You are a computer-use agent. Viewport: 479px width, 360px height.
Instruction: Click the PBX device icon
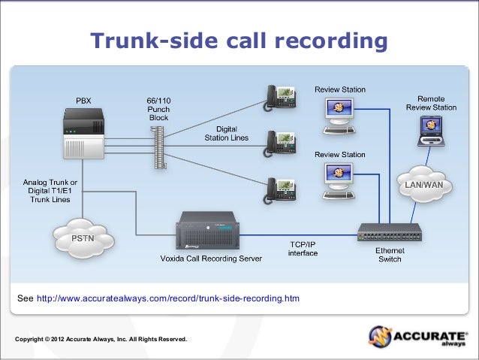pos(83,134)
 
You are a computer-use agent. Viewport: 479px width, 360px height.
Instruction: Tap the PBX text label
pos(83,100)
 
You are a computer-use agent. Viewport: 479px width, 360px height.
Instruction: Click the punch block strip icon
pos(157,147)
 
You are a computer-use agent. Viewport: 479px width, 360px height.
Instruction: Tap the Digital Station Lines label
pos(227,133)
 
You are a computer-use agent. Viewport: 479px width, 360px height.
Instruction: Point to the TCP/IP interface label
pos(303,249)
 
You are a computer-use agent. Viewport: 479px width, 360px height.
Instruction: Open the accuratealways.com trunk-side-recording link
pos(167,298)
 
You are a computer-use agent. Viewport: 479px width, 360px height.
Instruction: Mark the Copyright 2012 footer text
pos(101,340)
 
